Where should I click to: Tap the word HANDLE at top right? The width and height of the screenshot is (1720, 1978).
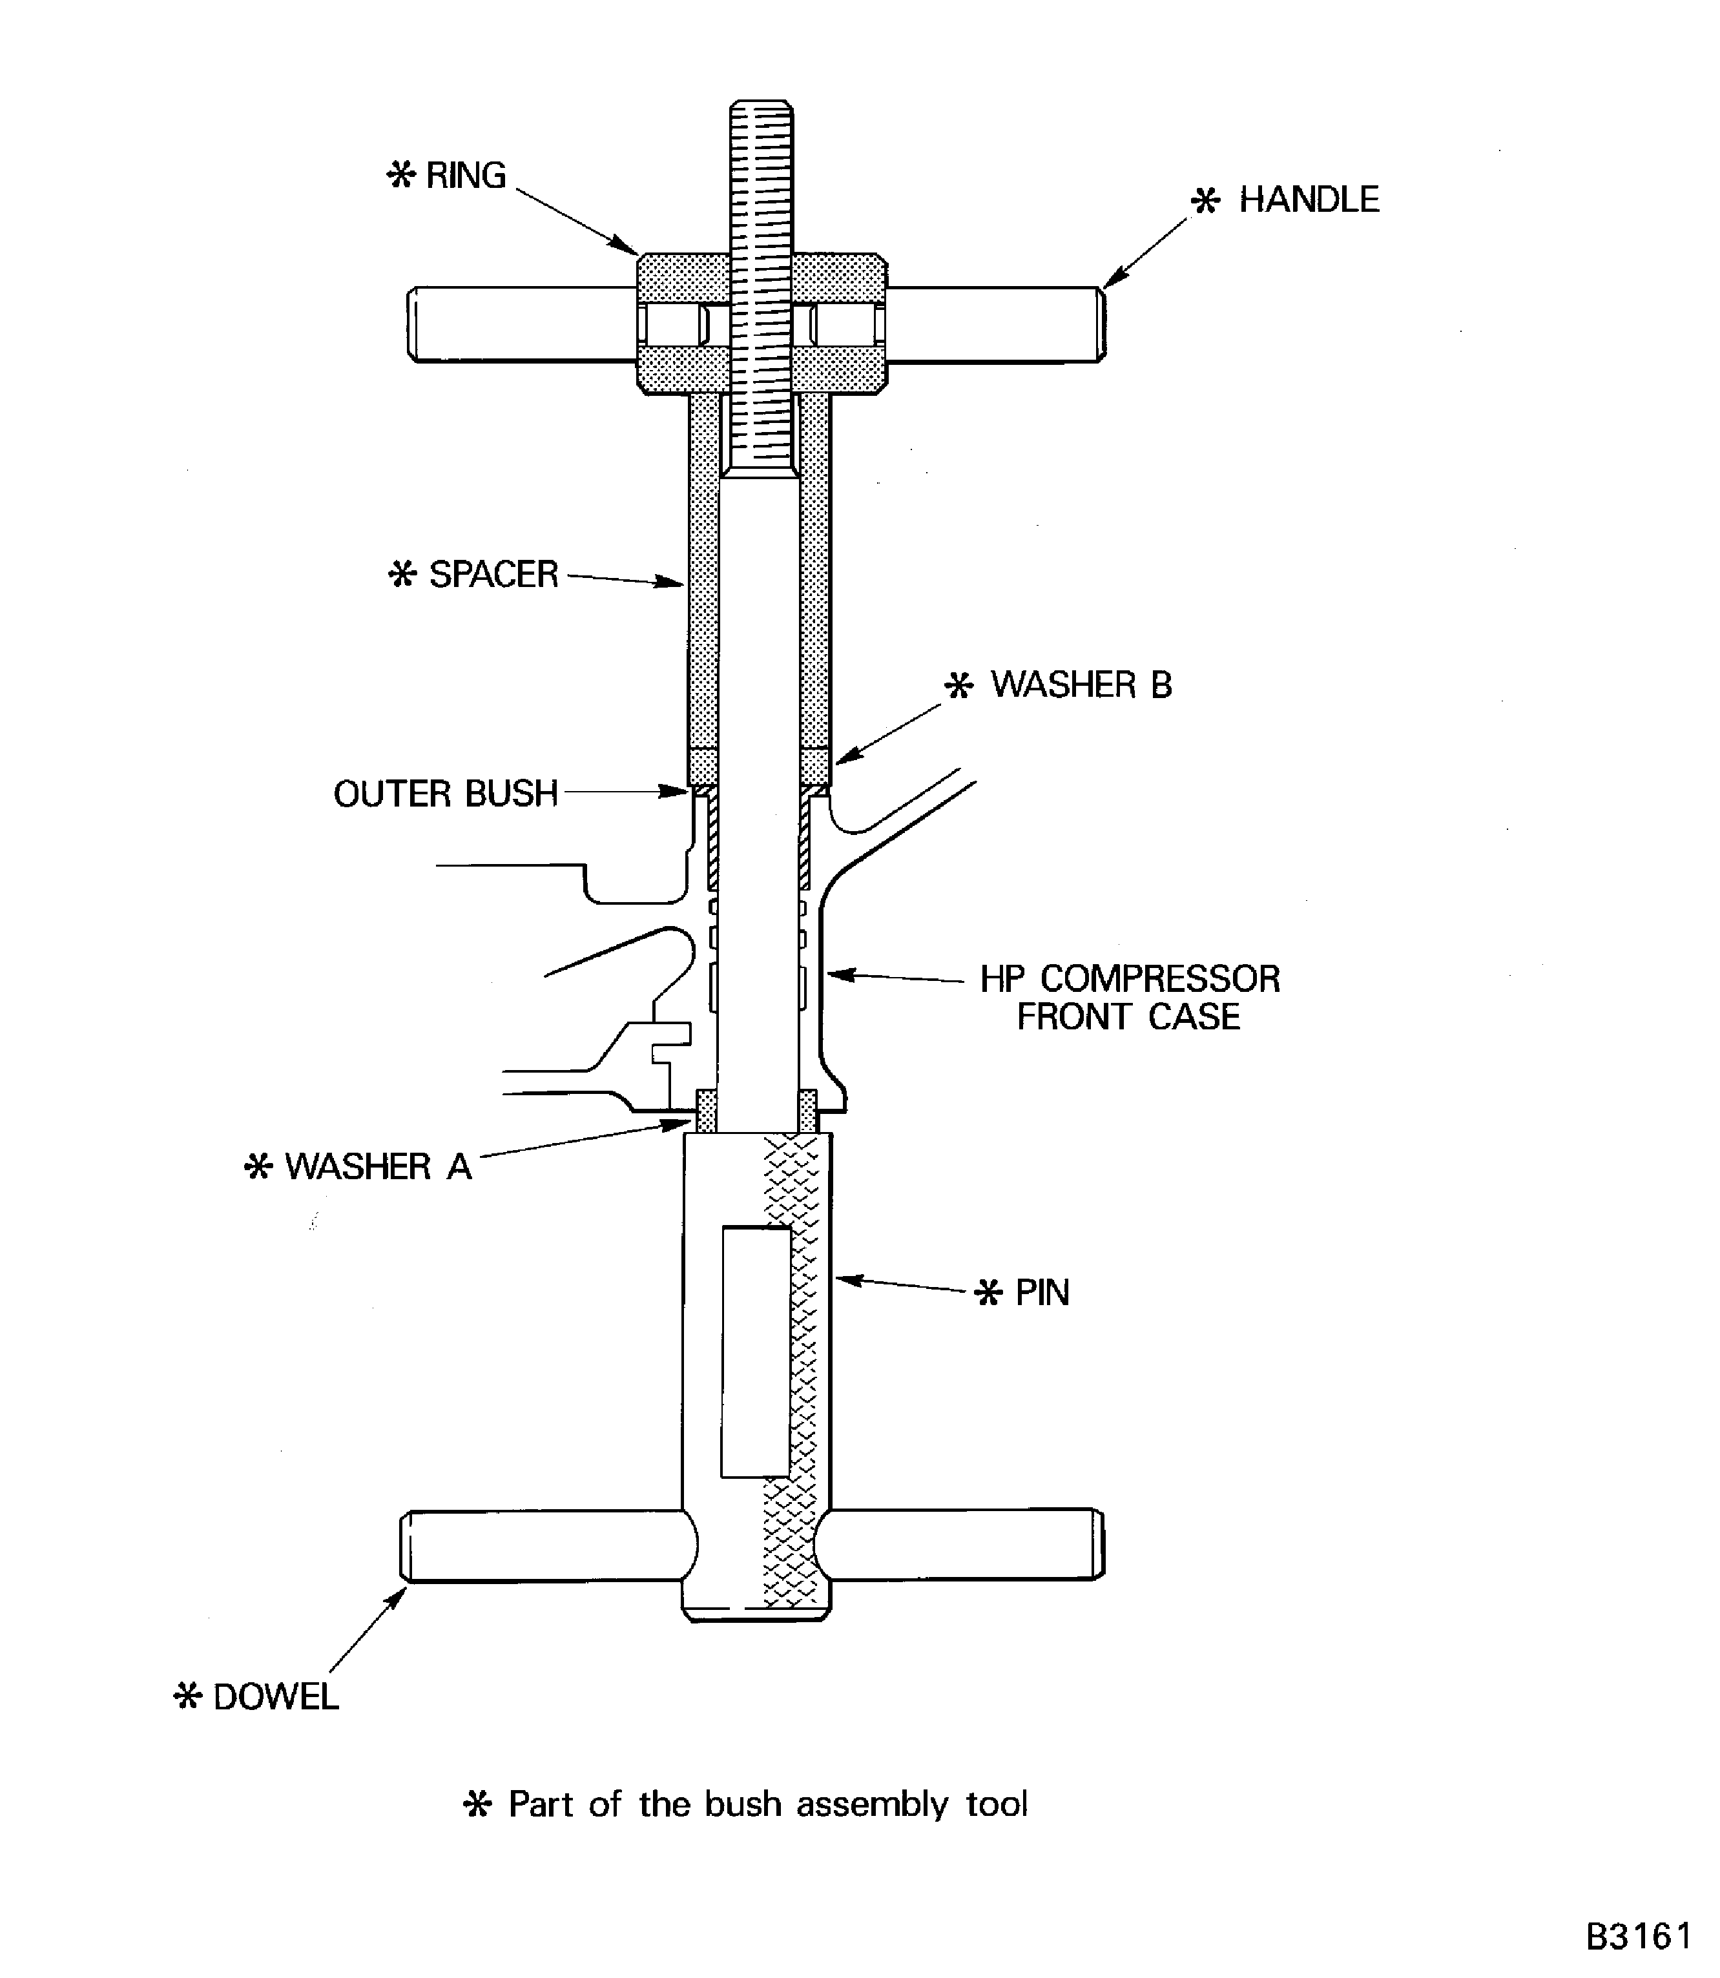coord(1308,200)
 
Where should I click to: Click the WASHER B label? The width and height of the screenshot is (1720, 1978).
coord(1081,685)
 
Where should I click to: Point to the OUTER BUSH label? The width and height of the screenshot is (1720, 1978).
coord(446,794)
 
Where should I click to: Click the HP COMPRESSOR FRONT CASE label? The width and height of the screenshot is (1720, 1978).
coord(1129,997)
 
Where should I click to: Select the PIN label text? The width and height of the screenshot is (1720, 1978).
coord(1041,1293)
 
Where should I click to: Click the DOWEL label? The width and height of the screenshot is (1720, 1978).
coord(275,1697)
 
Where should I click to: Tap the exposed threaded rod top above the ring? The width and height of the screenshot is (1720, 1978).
coord(760,173)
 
